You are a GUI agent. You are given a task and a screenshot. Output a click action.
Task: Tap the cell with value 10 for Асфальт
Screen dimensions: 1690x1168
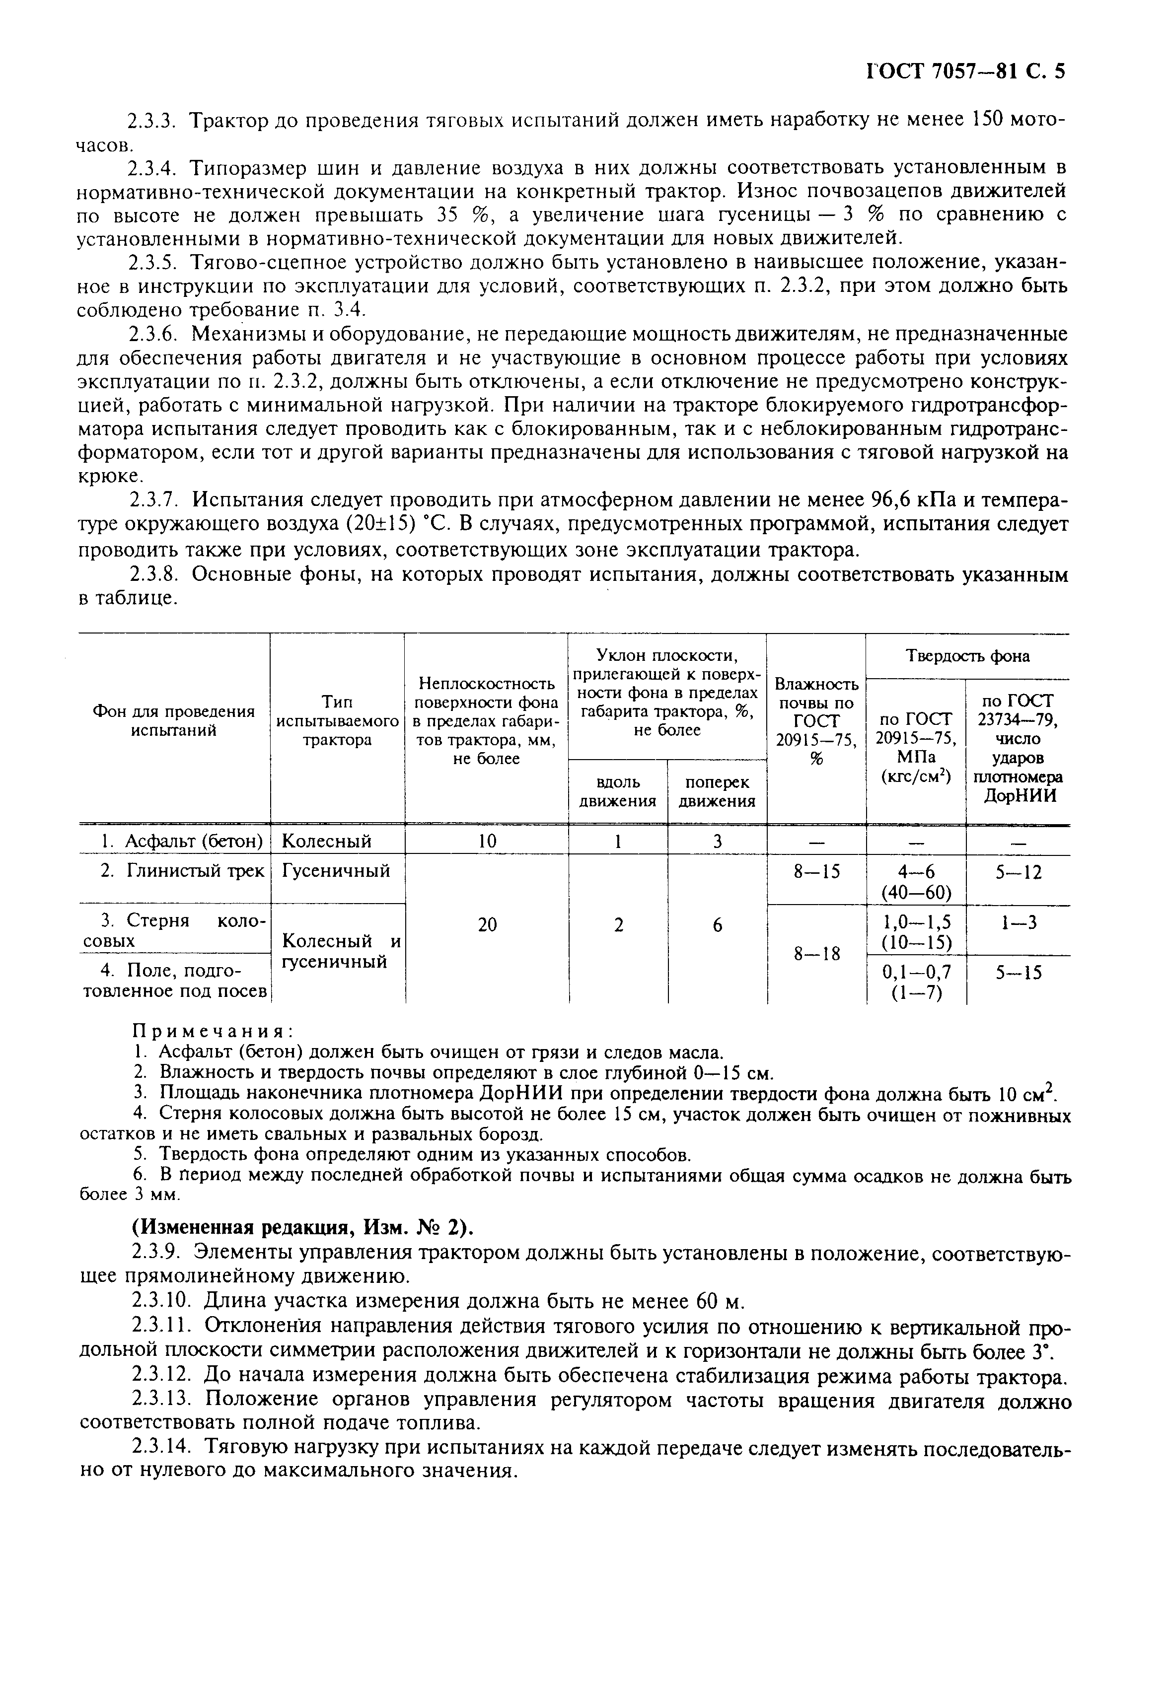pyautogui.click(x=487, y=842)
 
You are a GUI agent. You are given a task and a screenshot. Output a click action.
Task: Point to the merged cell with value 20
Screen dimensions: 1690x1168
pyautogui.click(x=487, y=925)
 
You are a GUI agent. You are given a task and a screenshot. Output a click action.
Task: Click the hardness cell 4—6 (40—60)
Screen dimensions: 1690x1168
pyautogui.click(x=916, y=882)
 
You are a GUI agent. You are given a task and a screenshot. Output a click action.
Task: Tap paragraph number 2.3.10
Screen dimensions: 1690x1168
pyautogui.click(x=161, y=1302)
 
